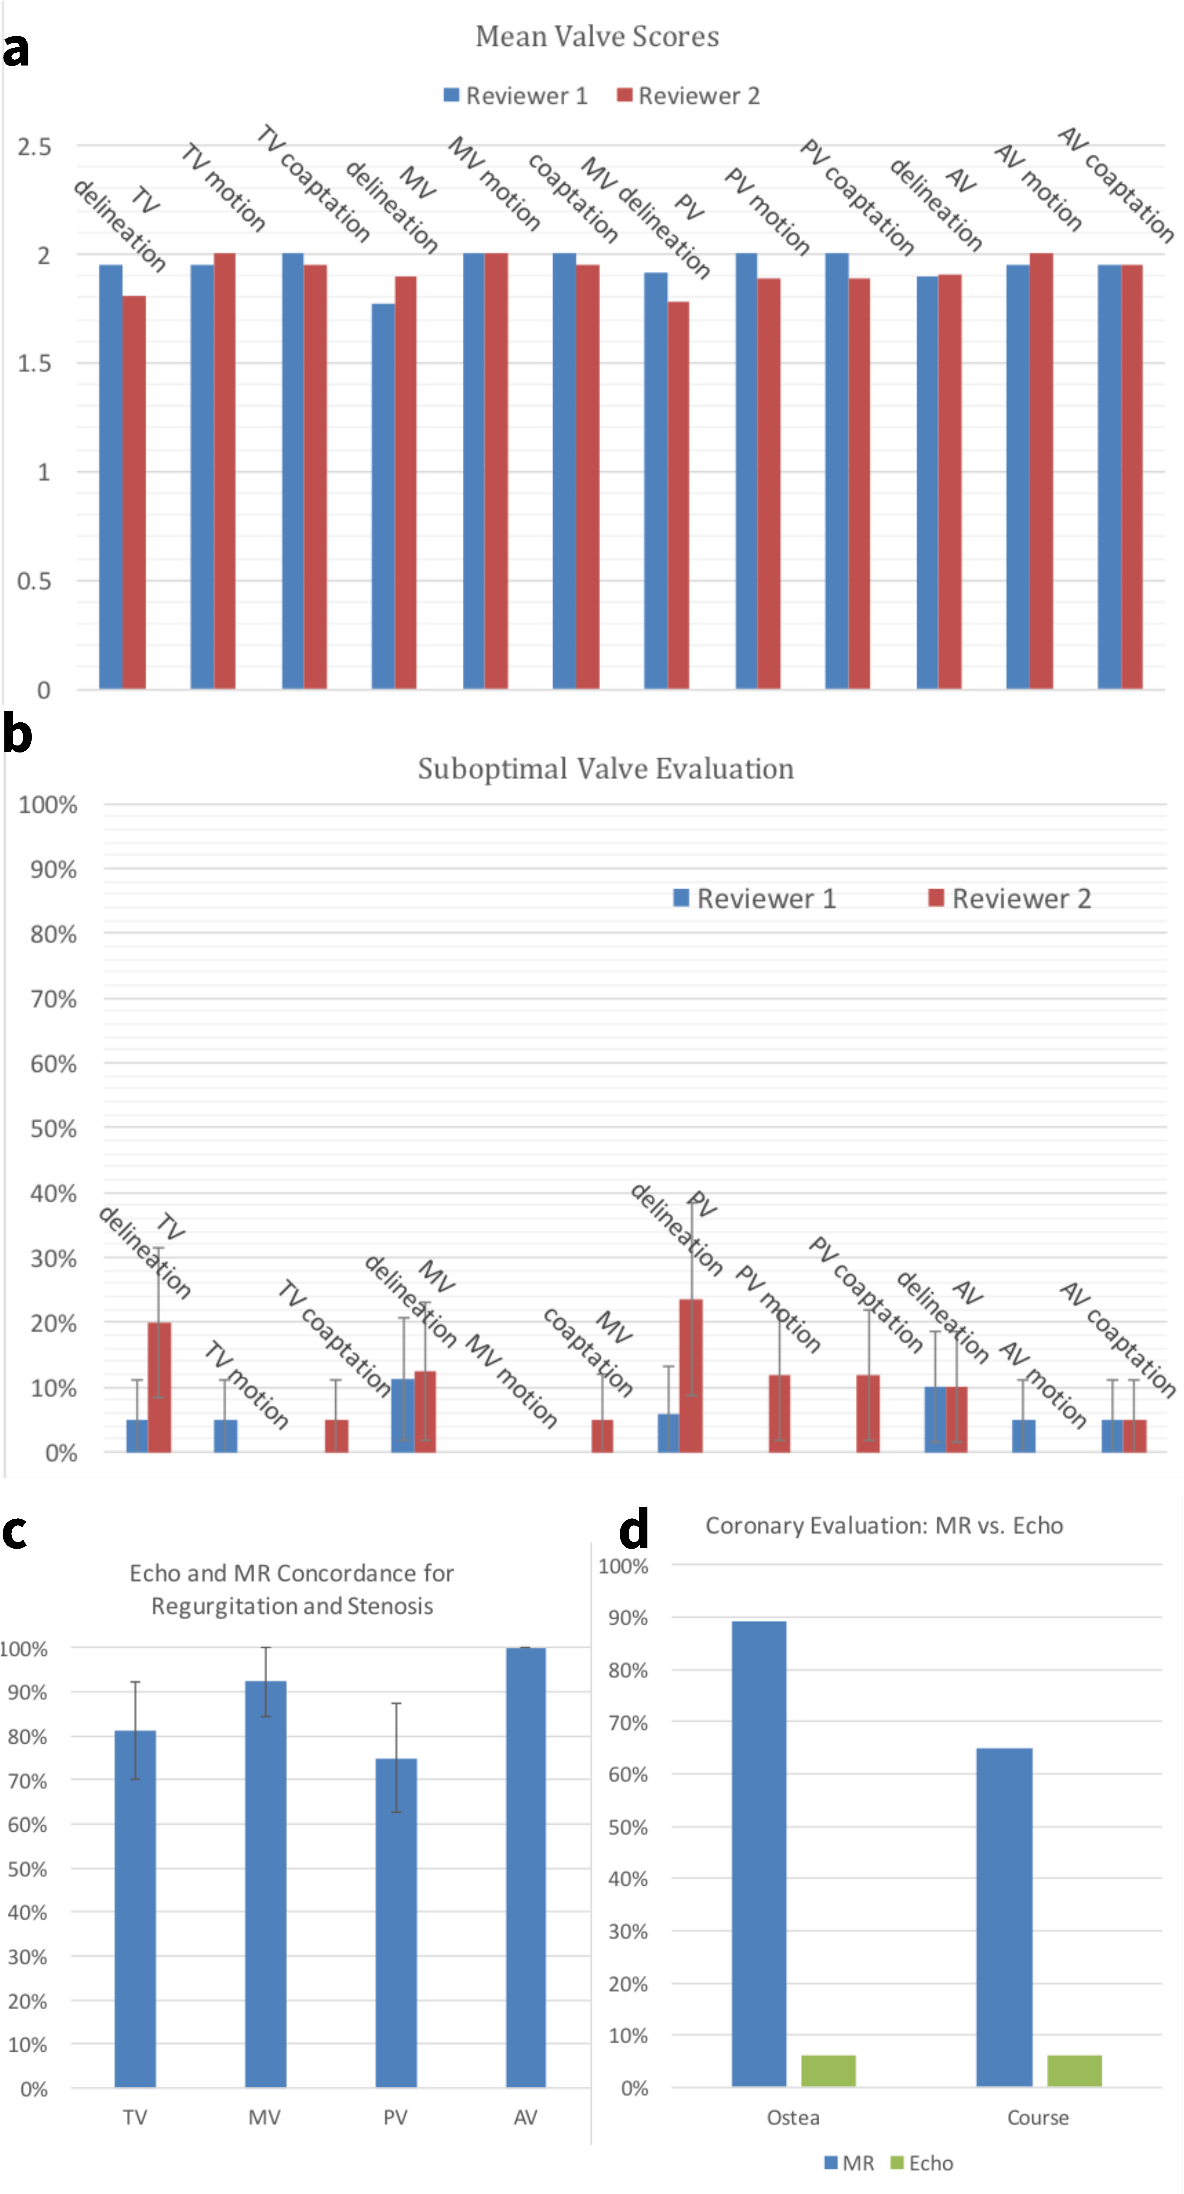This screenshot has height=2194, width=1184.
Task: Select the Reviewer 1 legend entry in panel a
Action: pos(515,95)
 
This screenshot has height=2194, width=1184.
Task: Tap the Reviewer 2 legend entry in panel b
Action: pos(1009,898)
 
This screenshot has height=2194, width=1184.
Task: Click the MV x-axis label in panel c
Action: pos(264,2117)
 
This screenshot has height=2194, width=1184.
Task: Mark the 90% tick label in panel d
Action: pos(628,1618)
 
